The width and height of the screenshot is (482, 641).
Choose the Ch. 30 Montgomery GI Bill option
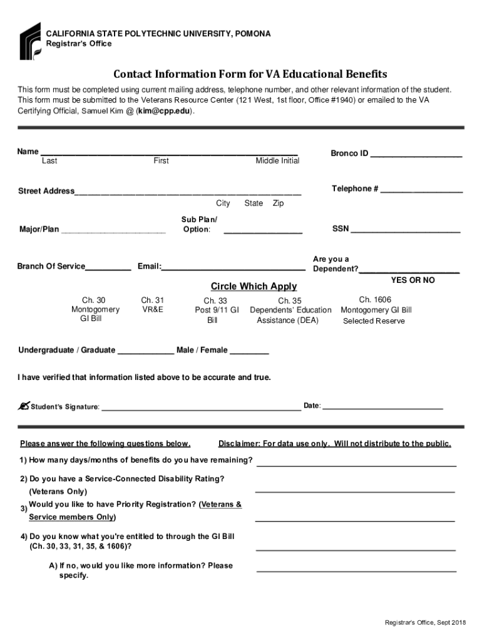click(95, 310)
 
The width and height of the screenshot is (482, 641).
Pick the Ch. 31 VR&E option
click(153, 305)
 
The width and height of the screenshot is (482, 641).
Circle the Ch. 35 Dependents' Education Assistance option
click(290, 310)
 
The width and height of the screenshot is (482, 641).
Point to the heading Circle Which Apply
click(254, 287)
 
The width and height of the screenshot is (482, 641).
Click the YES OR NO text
click(413, 280)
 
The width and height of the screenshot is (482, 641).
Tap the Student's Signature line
click(200, 408)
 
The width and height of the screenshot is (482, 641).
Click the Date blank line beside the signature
click(382, 408)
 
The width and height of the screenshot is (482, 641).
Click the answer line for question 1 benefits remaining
click(356, 466)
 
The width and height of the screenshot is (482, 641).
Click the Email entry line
click(233, 269)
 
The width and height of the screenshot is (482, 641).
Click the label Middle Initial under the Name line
click(277, 161)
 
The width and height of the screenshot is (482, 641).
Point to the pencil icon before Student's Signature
click(24, 406)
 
